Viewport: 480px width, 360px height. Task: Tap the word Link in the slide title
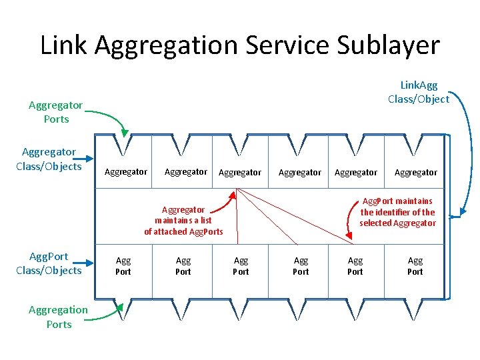point(64,45)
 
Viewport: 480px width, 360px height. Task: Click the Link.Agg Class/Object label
point(419,92)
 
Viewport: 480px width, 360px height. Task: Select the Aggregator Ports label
point(56,112)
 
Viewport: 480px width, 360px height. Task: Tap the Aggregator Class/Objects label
point(49,159)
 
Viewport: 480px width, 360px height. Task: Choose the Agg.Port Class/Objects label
point(49,263)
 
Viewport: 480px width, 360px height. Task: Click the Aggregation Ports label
point(58,317)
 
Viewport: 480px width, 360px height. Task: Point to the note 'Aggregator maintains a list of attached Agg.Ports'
point(183,220)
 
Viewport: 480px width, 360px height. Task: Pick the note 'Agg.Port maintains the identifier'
point(397,211)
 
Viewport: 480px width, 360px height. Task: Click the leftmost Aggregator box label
point(126,172)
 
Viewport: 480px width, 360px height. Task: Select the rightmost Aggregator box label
point(416,173)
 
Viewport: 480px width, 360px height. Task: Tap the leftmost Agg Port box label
point(123,266)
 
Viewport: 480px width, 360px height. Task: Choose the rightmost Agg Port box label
point(415,266)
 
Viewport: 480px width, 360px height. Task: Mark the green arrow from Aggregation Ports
point(107,315)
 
